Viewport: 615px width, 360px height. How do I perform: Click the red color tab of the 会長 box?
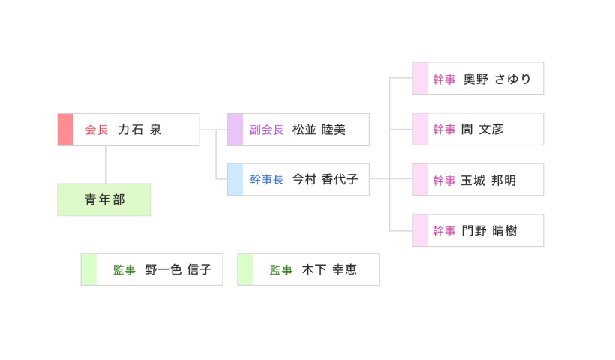click(x=65, y=130)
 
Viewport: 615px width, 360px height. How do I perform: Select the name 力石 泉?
click(x=139, y=130)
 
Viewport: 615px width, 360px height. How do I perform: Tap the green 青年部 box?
click(x=104, y=199)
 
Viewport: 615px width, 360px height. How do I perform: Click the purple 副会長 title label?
click(x=267, y=130)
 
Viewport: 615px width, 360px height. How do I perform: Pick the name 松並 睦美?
click(x=319, y=130)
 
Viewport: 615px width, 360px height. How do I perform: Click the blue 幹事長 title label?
click(x=267, y=180)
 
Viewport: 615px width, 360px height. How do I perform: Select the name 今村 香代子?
click(x=325, y=180)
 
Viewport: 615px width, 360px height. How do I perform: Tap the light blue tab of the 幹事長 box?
click(x=235, y=180)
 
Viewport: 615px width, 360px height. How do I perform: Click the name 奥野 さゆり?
click(x=496, y=79)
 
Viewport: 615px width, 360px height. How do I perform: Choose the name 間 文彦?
click(x=482, y=130)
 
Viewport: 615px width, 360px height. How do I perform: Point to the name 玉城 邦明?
click(x=488, y=181)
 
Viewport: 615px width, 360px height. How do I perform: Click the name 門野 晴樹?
click(x=489, y=231)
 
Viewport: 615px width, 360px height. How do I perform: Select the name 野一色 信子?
click(x=178, y=270)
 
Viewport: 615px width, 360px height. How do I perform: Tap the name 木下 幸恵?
click(x=329, y=270)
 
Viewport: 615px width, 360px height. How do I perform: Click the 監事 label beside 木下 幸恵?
click(x=281, y=270)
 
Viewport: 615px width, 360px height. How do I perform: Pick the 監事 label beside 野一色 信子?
click(x=124, y=270)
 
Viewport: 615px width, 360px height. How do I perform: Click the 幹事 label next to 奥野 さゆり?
click(x=444, y=79)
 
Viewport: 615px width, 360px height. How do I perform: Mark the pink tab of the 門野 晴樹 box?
click(x=420, y=231)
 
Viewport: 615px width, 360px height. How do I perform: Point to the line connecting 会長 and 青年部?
click(x=105, y=164)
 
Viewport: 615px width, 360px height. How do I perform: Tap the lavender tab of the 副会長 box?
click(x=235, y=130)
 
